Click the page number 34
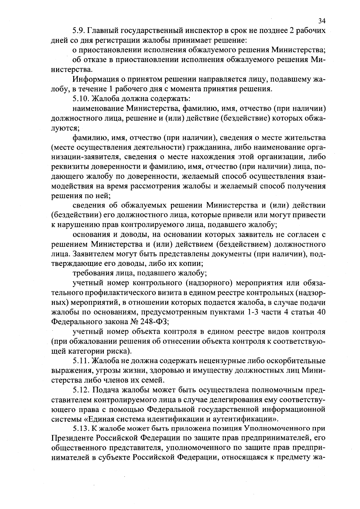pyautogui.click(x=322, y=21)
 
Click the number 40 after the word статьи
pyautogui.click(x=321, y=312)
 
